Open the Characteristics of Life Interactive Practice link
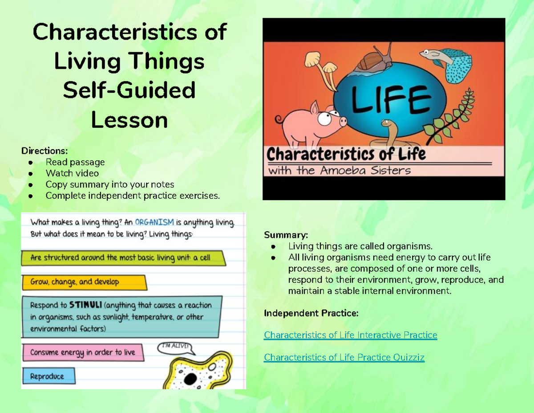(x=350, y=335)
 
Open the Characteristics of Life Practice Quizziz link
(x=344, y=357)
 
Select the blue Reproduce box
(x=48, y=376)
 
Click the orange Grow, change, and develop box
(x=83, y=282)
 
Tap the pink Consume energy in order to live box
(x=83, y=352)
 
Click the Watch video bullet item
(x=72, y=173)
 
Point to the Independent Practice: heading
(x=311, y=313)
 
